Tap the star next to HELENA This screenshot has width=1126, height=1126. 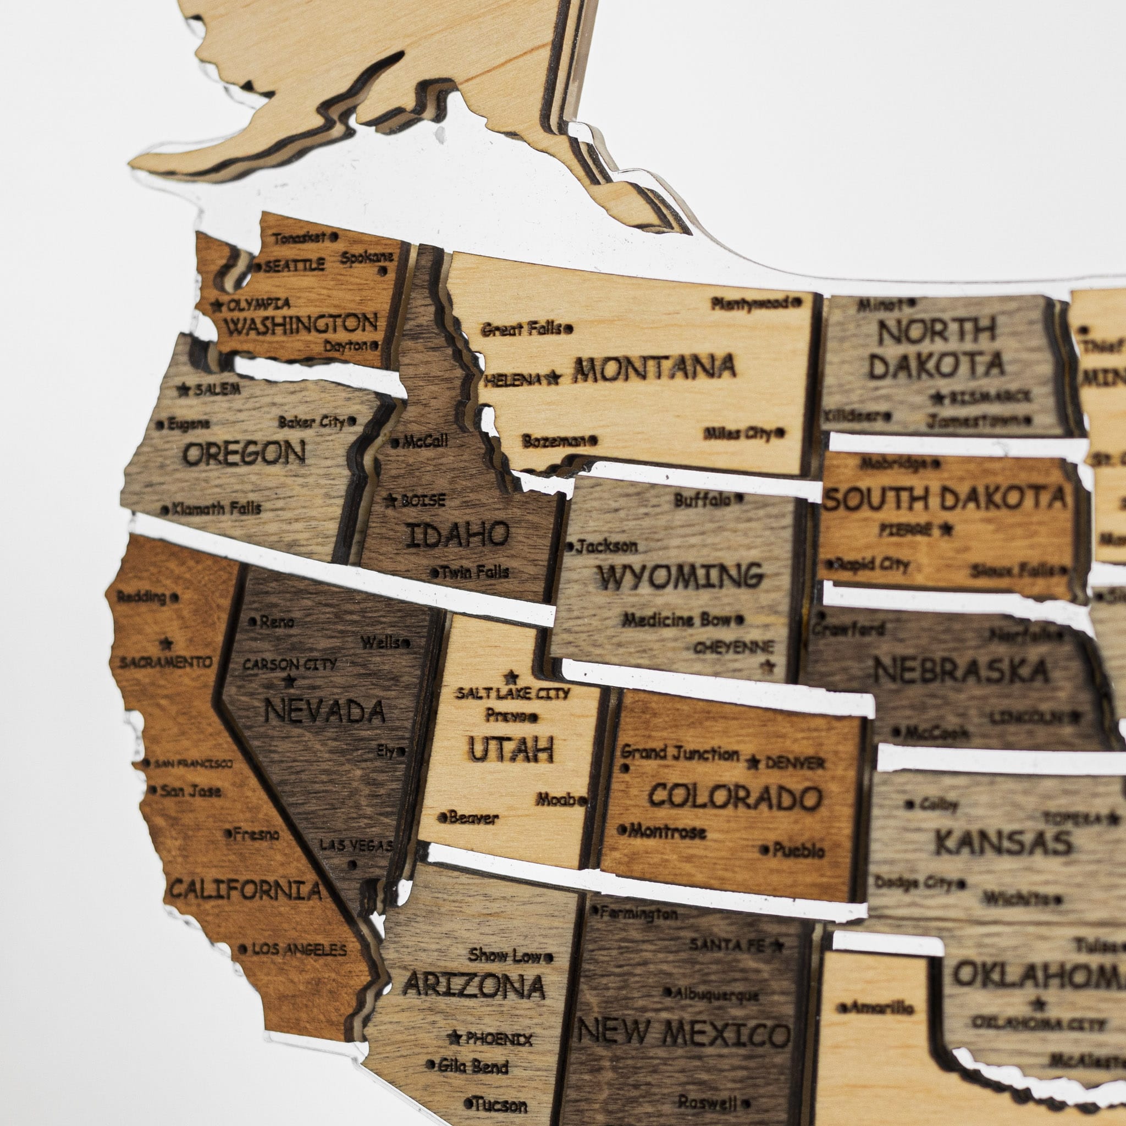554,379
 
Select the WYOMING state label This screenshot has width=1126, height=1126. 680,576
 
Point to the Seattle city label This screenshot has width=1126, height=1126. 294,266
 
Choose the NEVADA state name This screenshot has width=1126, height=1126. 324,711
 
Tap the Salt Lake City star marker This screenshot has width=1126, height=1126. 512,677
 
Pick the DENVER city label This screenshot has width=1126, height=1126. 794,763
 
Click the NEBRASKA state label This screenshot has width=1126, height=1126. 961,671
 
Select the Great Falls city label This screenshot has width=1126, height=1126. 521,329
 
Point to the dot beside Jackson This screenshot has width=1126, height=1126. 570,547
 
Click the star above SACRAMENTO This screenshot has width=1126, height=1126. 166,644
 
